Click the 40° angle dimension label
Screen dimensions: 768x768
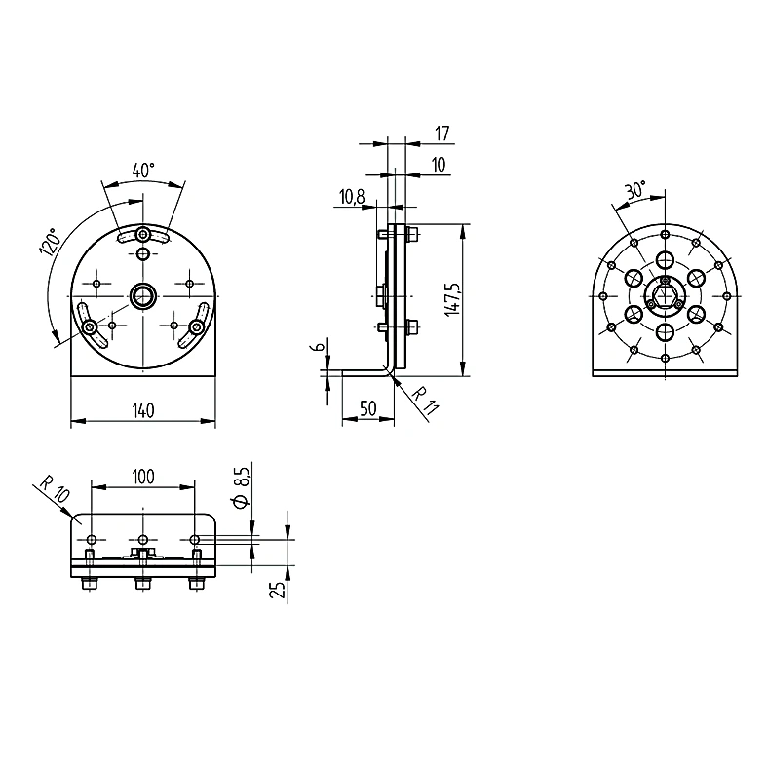pyautogui.click(x=143, y=171)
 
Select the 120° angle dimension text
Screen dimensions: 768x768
pyautogui.click(x=51, y=241)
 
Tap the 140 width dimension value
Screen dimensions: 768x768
pyautogui.click(x=143, y=410)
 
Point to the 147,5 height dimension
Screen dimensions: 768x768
pyautogui.click(x=453, y=299)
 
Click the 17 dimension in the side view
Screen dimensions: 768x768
pyautogui.click(x=442, y=134)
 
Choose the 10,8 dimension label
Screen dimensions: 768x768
pyautogui.click(x=352, y=197)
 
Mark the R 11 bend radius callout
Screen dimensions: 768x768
pyautogui.click(x=425, y=401)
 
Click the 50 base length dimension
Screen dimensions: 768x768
pyautogui.click(x=367, y=408)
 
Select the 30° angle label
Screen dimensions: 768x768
pyautogui.click(x=635, y=189)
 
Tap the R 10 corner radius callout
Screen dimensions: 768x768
pyautogui.click(x=55, y=489)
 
